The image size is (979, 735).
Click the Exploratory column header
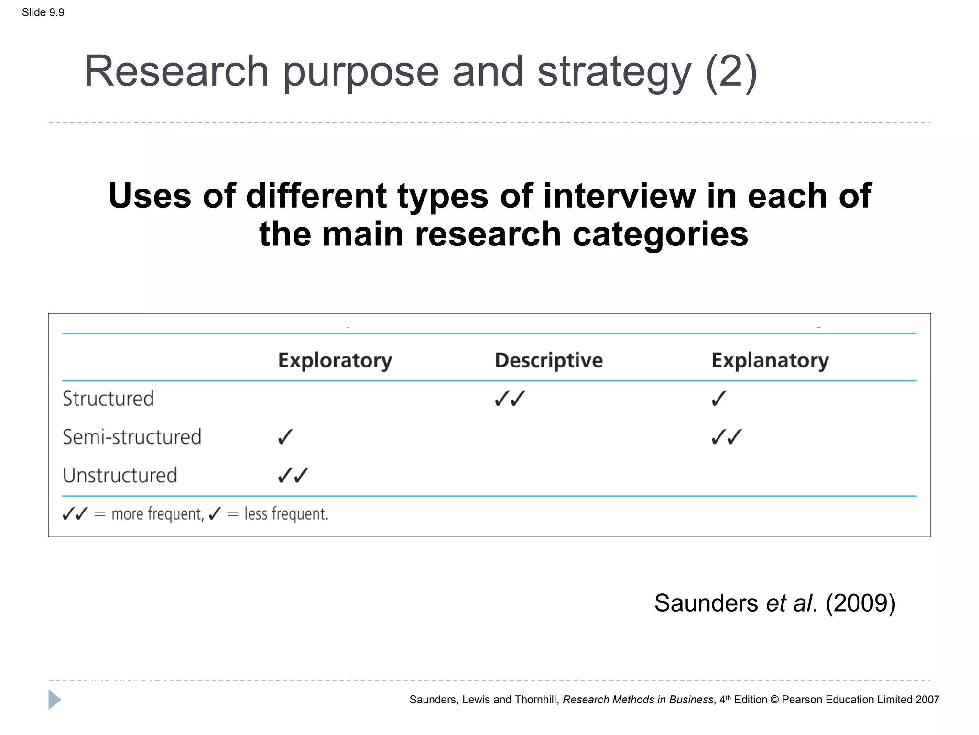pos(335,360)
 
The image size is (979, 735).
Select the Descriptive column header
pos(548,360)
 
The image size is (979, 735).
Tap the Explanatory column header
pos(770,360)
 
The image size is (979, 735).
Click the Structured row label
pos(108,399)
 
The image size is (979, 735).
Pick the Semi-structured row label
pos(131,437)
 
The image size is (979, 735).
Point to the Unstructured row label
pos(120,475)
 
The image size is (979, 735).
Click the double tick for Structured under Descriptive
pos(510,398)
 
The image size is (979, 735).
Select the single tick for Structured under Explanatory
pos(718,398)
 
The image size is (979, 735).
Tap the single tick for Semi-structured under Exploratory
pos(285,437)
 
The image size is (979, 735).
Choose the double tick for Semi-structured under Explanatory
pos(726,437)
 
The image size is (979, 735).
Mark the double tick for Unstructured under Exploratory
pos(293,475)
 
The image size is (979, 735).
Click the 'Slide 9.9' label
pos(43,12)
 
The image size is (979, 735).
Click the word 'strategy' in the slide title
pos(614,72)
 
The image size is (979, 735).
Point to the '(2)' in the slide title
pos(731,72)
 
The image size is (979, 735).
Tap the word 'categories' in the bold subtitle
pos(660,234)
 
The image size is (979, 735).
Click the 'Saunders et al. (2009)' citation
pos(774,603)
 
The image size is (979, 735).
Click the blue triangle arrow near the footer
pos(54,700)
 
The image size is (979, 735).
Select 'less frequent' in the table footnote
pos(286,514)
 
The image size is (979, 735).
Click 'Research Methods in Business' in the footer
pos(638,700)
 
